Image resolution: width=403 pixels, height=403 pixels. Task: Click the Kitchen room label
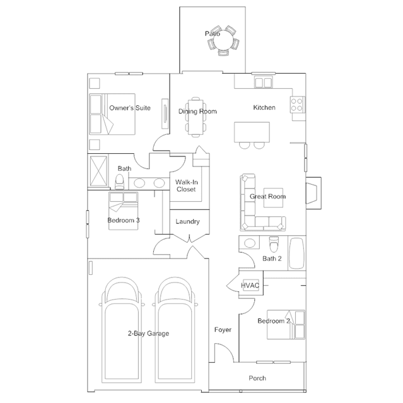click(x=264, y=107)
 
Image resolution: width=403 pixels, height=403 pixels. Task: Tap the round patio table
click(x=223, y=40)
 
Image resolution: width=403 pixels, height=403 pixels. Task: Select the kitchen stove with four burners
click(x=298, y=105)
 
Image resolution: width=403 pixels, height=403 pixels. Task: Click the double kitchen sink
click(x=263, y=83)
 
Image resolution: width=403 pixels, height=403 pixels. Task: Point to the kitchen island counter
click(x=252, y=132)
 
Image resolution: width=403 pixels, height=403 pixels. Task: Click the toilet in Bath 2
click(x=274, y=245)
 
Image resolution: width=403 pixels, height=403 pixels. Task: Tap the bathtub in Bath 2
click(x=297, y=253)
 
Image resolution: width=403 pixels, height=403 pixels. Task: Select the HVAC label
click(x=250, y=285)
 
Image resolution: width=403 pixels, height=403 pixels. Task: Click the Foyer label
click(x=223, y=329)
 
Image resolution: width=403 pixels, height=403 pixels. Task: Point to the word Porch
click(x=257, y=378)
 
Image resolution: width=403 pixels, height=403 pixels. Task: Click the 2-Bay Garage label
click(x=149, y=334)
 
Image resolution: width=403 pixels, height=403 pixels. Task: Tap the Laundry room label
click(x=187, y=221)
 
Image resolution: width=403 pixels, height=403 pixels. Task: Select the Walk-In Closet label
click(x=186, y=185)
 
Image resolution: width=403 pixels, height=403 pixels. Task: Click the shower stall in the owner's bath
click(x=98, y=171)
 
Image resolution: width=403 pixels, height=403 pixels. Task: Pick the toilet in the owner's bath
click(x=119, y=182)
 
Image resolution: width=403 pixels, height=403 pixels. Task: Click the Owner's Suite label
click(x=130, y=108)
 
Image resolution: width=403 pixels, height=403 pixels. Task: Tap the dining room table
click(x=196, y=117)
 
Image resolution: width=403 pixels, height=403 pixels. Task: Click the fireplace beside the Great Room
click(x=313, y=193)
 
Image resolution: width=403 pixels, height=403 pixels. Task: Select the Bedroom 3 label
click(x=124, y=220)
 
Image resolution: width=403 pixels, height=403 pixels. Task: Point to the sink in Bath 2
click(x=249, y=243)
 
